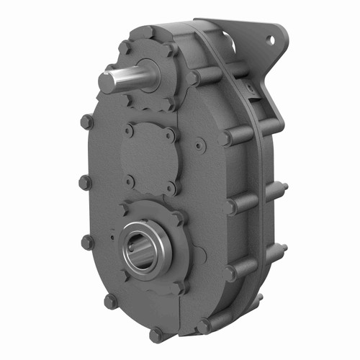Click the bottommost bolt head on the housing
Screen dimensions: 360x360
tap(156, 334)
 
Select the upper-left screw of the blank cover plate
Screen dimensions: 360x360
tap(129, 131)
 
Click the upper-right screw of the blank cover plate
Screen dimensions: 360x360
tap(170, 134)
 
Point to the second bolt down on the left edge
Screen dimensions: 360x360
tap(83, 181)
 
